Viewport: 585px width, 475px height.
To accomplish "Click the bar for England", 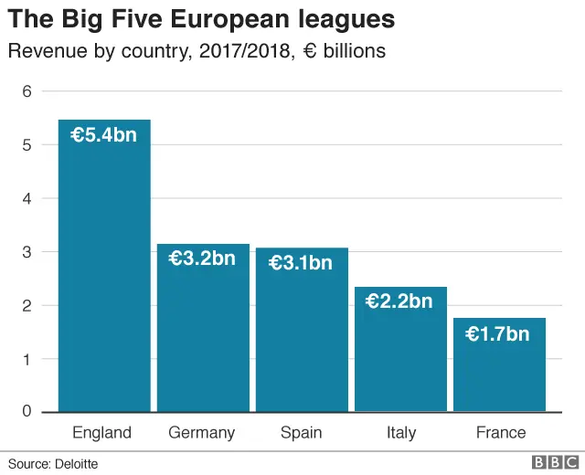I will click(x=104, y=274).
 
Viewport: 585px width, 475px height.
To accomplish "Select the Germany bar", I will click(x=203, y=338).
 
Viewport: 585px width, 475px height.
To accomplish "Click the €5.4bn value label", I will click(x=104, y=135).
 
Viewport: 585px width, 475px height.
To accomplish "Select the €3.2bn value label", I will click(x=202, y=259).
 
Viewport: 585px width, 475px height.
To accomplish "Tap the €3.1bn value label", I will click(x=301, y=263).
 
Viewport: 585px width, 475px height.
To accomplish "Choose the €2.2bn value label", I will click(x=399, y=301).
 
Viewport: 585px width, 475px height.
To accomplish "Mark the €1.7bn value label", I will click(x=498, y=334).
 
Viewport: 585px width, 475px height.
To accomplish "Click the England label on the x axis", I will click(x=101, y=433).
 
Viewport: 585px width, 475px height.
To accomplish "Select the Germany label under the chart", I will click(x=202, y=433).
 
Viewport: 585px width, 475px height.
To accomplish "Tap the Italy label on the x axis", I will click(x=400, y=433).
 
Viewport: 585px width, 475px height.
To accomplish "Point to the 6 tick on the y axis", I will click(x=27, y=91).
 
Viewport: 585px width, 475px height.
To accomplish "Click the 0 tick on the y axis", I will click(x=27, y=411).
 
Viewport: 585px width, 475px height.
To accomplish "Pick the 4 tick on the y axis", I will click(x=27, y=198).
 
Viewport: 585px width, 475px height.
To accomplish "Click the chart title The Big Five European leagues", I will click(x=202, y=19).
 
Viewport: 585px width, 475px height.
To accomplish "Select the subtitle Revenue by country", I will click(x=197, y=51).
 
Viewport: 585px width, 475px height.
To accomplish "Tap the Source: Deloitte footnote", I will click(x=53, y=464).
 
